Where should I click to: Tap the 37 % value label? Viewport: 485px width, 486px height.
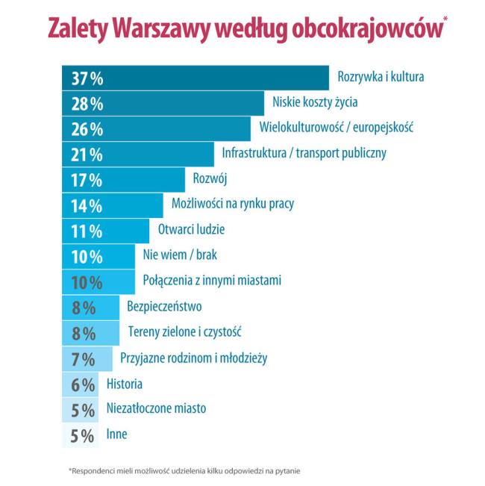87,78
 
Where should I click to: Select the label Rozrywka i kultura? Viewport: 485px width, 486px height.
381,76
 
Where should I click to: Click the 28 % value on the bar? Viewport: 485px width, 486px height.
87,104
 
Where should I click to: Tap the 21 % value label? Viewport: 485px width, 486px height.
87,155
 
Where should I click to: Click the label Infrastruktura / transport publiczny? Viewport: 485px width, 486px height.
304,153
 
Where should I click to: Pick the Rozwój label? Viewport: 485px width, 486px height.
210,178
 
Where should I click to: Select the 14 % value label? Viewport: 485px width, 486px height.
87,206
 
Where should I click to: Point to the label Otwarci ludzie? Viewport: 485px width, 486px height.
191,230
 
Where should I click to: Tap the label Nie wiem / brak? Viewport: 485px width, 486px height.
179,255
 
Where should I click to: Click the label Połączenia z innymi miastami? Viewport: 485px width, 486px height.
211,281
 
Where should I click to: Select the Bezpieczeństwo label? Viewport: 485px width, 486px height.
165,306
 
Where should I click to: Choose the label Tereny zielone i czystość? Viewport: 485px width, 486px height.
184,331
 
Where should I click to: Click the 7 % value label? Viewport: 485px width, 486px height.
83,359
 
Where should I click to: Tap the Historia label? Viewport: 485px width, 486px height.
125,384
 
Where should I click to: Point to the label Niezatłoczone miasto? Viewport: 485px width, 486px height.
156,408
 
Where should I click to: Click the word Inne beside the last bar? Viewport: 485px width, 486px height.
116,434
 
